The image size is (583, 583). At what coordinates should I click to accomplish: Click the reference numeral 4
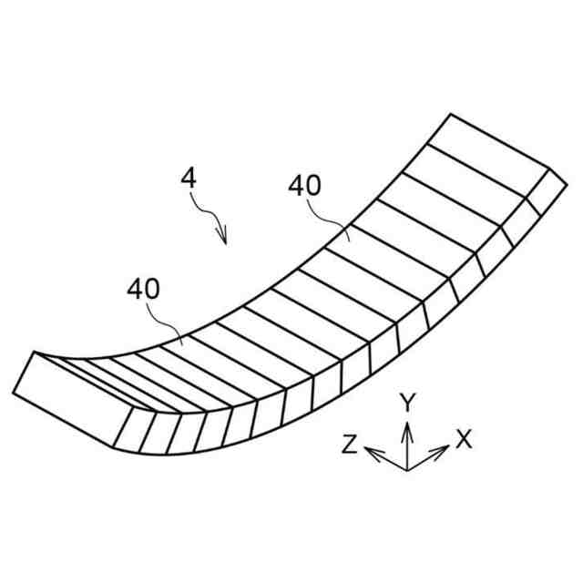click(189, 178)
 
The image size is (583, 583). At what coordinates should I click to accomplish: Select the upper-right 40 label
click(304, 186)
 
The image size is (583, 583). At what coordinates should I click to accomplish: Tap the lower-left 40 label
click(143, 290)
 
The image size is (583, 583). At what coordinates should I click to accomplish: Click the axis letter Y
click(409, 402)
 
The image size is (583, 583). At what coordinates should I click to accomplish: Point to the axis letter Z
click(349, 444)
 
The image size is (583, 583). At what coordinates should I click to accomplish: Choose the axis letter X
click(464, 440)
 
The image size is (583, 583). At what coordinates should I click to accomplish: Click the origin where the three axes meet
click(407, 469)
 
